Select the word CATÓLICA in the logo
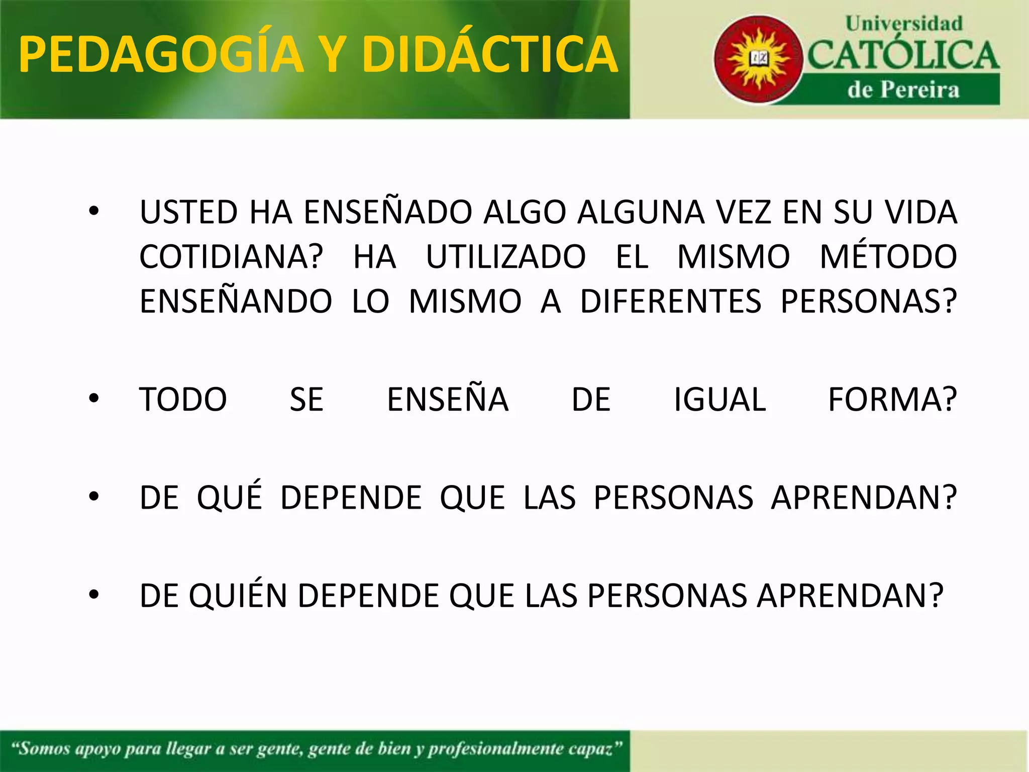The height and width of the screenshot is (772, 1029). (903, 55)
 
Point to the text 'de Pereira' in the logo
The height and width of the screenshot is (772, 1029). (903, 90)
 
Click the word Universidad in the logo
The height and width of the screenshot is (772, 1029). (903, 24)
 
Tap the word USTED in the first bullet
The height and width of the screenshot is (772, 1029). (189, 212)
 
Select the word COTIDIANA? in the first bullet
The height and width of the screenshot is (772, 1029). (231, 256)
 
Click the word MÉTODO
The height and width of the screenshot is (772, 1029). (888, 256)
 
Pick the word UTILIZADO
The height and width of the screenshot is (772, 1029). (505, 256)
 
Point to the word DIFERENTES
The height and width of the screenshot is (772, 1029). (670, 301)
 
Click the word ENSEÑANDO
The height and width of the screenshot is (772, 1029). (236, 301)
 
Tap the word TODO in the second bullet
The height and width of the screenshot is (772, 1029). (183, 400)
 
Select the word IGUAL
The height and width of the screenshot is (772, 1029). (719, 400)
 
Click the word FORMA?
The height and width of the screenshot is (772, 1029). (892, 400)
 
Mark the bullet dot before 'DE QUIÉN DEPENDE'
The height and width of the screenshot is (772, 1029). (94, 595)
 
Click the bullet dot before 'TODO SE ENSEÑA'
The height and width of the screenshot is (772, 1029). (94, 399)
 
